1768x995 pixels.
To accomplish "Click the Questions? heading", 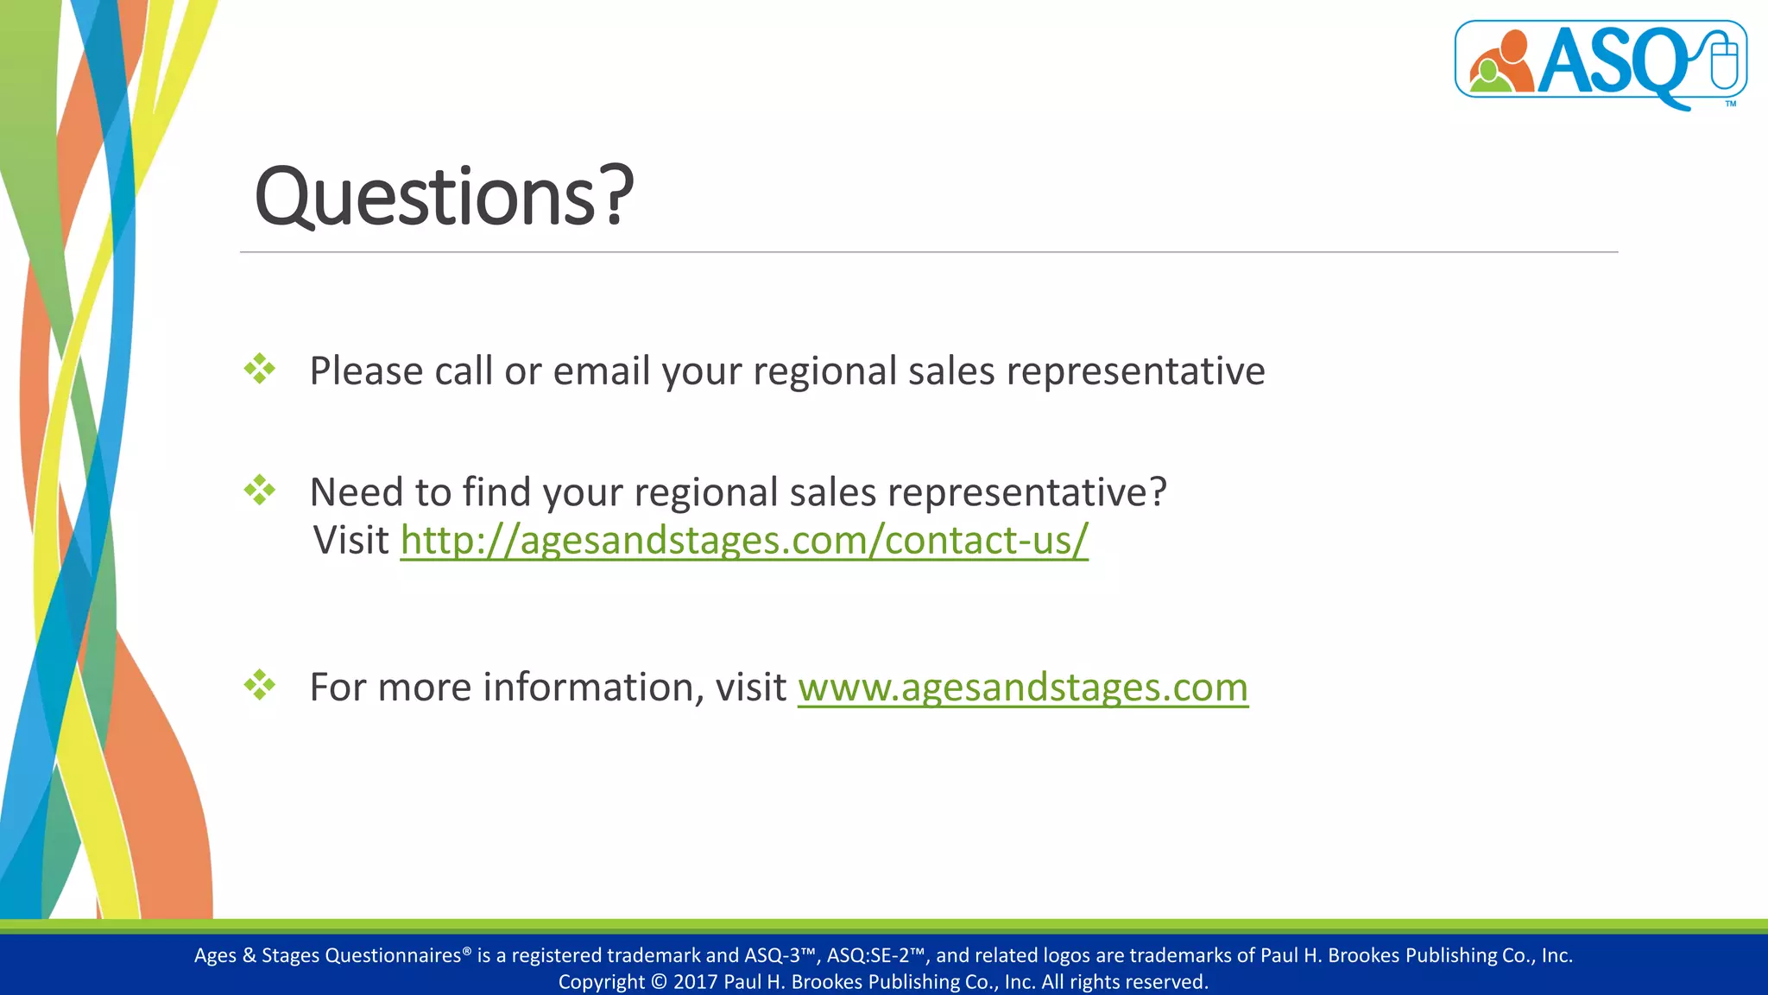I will [x=444, y=197].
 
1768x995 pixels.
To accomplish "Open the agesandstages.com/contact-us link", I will [x=743, y=541].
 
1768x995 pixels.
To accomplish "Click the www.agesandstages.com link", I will [x=1022, y=688].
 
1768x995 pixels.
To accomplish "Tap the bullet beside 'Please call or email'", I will [x=259, y=370].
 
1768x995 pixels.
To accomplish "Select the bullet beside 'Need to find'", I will [x=259, y=491].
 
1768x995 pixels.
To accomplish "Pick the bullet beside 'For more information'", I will [x=259, y=687].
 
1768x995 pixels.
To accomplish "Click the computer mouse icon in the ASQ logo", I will [x=1723, y=60].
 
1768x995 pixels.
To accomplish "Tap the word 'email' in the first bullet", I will [x=601, y=371].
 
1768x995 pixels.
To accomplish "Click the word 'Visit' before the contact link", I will [x=351, y=541].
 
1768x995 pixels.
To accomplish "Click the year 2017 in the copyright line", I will [x=695, y=982].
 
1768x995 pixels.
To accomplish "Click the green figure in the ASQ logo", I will [x=1486, y=78].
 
